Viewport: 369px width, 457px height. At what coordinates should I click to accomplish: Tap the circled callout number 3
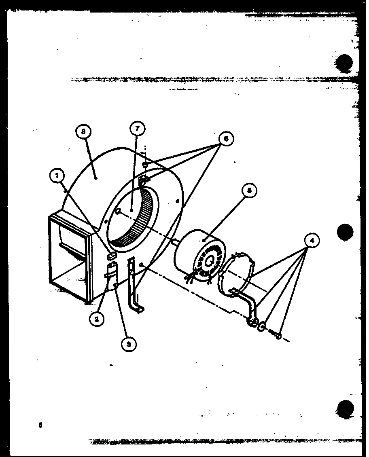pyautogui.click(x=128, y=344)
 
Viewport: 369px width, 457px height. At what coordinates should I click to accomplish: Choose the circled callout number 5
pyautogui.click(x=250, y=191)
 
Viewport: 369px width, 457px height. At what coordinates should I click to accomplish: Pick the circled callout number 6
pyautogui.click(x=225, y=139)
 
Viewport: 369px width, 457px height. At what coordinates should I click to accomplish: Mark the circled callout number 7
pyautogui.click(x=137, y=129)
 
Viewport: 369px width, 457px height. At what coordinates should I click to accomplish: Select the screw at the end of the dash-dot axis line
pyautogui.click(x=275, y=334)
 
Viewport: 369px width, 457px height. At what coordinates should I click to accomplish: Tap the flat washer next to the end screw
pyautogui.click(x=261, y=326)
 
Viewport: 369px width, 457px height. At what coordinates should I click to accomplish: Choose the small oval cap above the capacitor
pyautogui.click(x=112, y=255)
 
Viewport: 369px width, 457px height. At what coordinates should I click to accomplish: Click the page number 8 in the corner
pyautogui.click(x=40, y=425)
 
